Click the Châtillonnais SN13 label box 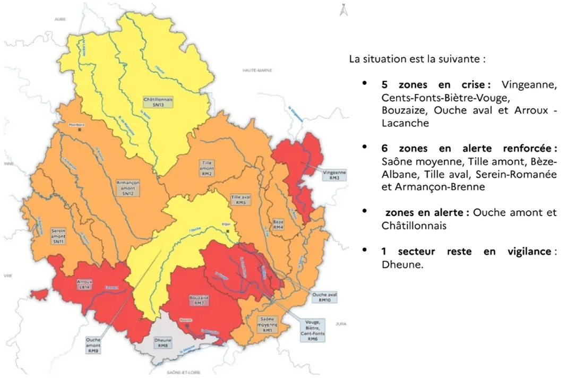(x=158, y=102)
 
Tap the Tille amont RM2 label (x=207, y=168)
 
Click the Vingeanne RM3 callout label (x=334, y=175)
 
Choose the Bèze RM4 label (x=278, y=225)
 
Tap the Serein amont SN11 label (x=58, y=236)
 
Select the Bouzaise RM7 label (x=199, y=301)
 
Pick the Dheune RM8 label (x=162, y=342)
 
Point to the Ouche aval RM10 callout (x=325, y=297)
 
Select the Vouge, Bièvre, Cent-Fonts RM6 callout (x=312, y=331)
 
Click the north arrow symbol (x=343, y=10)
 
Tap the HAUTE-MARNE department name (x=257, y=70)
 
